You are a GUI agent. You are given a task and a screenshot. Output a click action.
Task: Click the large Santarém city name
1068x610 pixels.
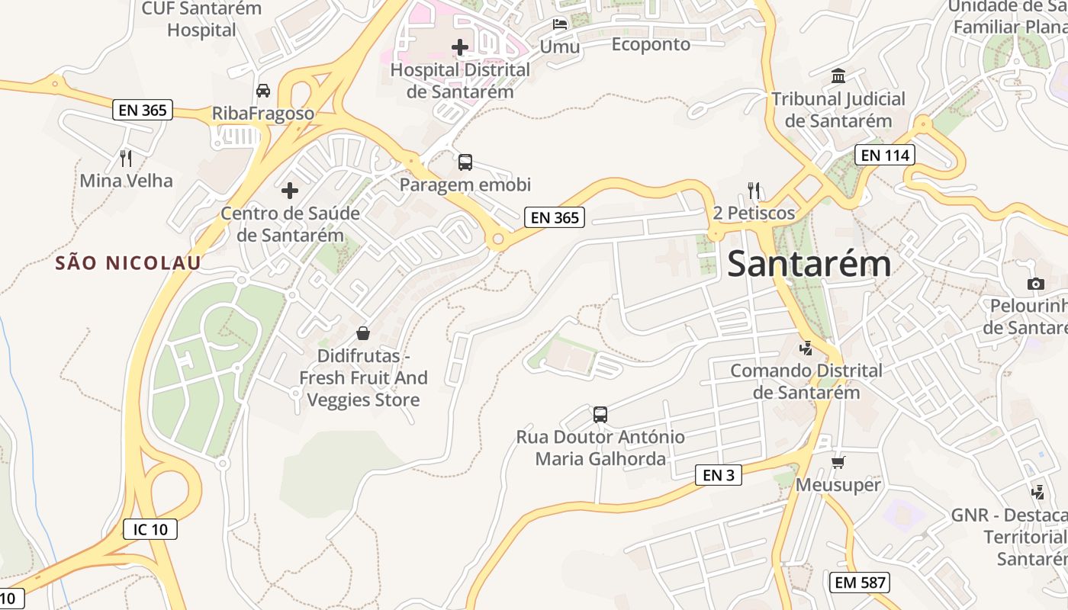[x=809, y=264]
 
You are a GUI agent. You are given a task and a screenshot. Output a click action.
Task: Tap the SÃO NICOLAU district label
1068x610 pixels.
[x=128, y=263]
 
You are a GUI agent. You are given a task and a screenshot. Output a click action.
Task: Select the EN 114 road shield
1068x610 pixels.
[x=884, y=156]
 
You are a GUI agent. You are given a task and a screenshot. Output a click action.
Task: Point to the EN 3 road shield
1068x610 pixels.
[x=719, y=475]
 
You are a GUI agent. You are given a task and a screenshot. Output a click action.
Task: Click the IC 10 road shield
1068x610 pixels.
[x=150, y=528]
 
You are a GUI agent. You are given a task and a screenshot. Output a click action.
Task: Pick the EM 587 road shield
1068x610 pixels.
[x=860, y=583]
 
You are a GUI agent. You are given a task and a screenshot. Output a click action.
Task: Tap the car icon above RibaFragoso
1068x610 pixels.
[x=263, y=90]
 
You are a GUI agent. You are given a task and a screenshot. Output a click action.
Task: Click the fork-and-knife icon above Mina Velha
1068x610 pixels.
[x=127, y=158]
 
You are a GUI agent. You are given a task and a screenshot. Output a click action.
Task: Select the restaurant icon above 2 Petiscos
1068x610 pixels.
[x=754, y=190]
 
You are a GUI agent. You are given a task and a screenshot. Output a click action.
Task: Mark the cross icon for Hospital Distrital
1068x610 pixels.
[x=460, y=47]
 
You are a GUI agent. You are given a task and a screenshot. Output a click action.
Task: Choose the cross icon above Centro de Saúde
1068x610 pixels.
[x=290, y=190]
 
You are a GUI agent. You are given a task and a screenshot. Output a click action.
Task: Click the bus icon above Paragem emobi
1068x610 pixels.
[x=465, y=162]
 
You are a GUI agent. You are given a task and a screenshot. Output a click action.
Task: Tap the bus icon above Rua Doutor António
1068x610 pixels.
[x=600, y=415]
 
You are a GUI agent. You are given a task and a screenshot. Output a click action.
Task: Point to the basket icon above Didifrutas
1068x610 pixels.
[x=363, y=333]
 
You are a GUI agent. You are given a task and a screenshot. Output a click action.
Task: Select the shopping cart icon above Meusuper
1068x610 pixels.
[x=838, y=462]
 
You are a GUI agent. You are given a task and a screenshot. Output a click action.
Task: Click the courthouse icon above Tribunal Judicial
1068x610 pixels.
[x=838, y=75]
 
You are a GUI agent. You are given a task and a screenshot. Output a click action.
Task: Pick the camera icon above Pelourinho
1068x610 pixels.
[x=1035, y=284]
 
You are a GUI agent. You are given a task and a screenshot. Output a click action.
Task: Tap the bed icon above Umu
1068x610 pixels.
[x=560, y=24]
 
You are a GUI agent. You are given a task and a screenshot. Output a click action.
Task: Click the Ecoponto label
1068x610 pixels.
[x=651, y=44]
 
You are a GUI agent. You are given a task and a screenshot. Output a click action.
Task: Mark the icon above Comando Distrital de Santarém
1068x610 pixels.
[x=805, y=348]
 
